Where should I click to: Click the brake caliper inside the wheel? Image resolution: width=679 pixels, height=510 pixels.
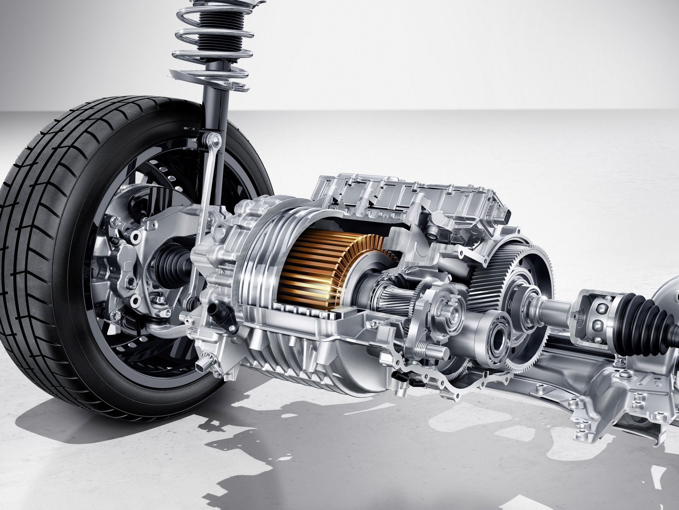(x=122, y=262)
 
